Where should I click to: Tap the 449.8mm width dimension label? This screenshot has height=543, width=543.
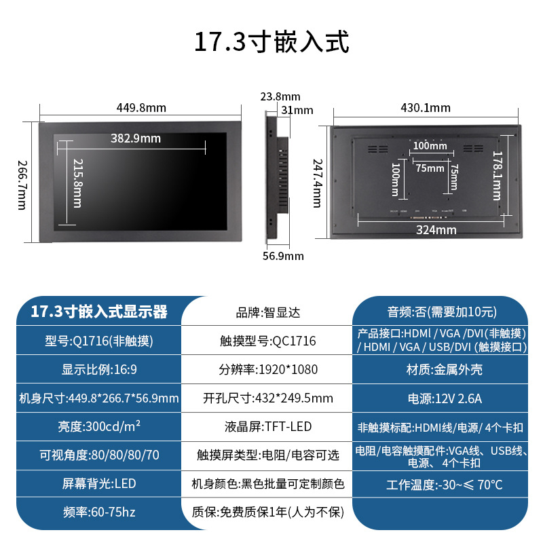tap(141, 108)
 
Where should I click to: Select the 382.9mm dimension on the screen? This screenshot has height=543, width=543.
tap(136, 138)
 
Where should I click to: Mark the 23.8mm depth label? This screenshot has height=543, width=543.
tap(280, 97)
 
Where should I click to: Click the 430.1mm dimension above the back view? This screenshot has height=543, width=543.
tap(426, 108)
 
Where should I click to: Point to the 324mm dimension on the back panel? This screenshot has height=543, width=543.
tap(436, 229)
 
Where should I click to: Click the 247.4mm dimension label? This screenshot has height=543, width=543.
tap(317, 183)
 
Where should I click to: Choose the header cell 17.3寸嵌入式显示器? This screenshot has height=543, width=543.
tap(99, 312)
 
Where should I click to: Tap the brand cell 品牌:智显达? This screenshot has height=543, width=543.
tap(267, 313)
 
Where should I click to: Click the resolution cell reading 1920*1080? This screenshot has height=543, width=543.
tap(267, 370)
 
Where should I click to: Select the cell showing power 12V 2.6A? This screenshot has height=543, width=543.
tap(444, 398)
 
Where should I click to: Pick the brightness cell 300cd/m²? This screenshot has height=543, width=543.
tap(99, 428)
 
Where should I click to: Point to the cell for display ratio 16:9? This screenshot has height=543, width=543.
tap(99, 370)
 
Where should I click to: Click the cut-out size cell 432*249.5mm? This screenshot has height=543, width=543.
tap(267, 398)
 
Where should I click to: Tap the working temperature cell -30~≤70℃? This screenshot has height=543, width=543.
tap(444, 485)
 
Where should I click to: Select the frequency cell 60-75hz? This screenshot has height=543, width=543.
tap(99, 512)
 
